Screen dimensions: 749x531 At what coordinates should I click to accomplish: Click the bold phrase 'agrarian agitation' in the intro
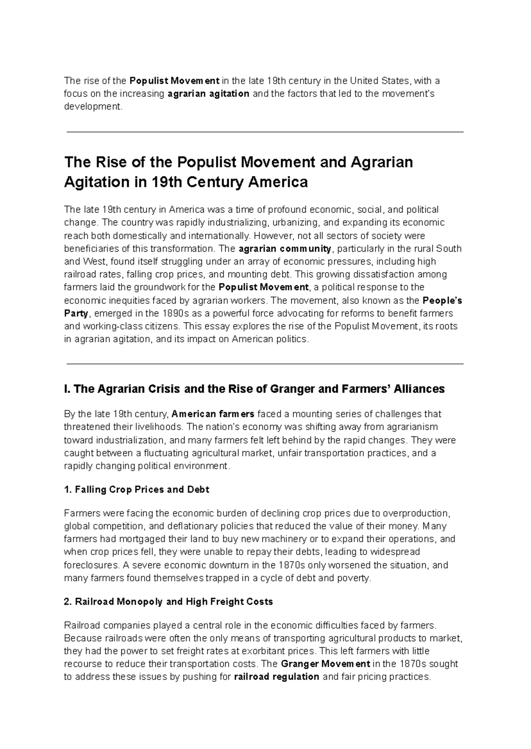(208, 94)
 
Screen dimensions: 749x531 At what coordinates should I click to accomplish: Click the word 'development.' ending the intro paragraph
(92, 107)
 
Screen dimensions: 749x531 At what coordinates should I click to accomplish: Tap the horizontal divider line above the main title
(265, 132)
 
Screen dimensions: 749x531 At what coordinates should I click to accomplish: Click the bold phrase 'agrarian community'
(285, 248)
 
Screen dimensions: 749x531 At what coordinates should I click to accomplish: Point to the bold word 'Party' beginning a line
(77, 313)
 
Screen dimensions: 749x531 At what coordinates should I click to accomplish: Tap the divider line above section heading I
(265, 364)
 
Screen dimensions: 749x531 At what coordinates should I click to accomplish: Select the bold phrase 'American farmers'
(213, 414)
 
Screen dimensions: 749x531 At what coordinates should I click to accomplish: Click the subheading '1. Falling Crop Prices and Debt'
(136, 489)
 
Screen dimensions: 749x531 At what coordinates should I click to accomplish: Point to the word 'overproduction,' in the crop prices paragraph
(416, 513)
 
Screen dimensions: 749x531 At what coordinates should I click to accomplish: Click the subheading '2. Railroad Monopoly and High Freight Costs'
(168, 602)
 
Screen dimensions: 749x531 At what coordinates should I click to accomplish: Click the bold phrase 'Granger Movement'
(325, 664)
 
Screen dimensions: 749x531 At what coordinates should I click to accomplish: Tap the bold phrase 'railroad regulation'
(276, 676)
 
